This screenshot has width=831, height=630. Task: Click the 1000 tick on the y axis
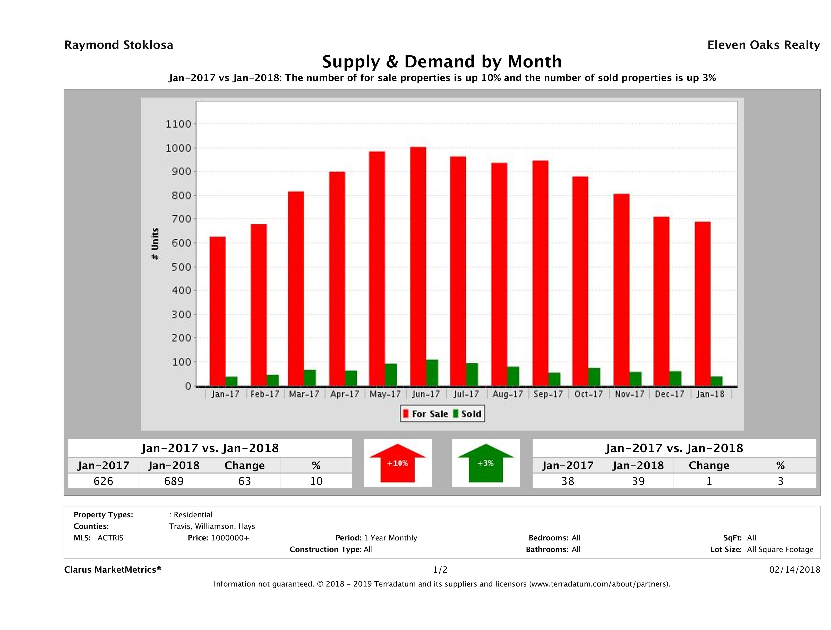[x=178, y=148]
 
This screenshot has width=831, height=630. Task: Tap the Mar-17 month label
[x=304, y=394]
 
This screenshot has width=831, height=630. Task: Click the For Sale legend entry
[x=426, y=414]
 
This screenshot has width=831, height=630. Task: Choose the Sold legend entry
[x=467, y=414]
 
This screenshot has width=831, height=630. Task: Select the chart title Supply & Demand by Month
[x=442, y=62]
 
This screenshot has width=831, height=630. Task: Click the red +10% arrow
[x=397, y=463]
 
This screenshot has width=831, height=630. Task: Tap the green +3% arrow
[x=485, y=463]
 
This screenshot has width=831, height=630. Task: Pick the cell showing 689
[x=174, y=481]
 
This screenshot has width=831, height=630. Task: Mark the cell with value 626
[x=103, y=481]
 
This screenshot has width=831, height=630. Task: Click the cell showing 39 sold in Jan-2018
[x=638, y=481]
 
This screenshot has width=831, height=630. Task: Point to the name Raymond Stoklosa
[x=119, y=45]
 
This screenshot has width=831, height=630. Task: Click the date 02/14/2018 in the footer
[x=794, y=570]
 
